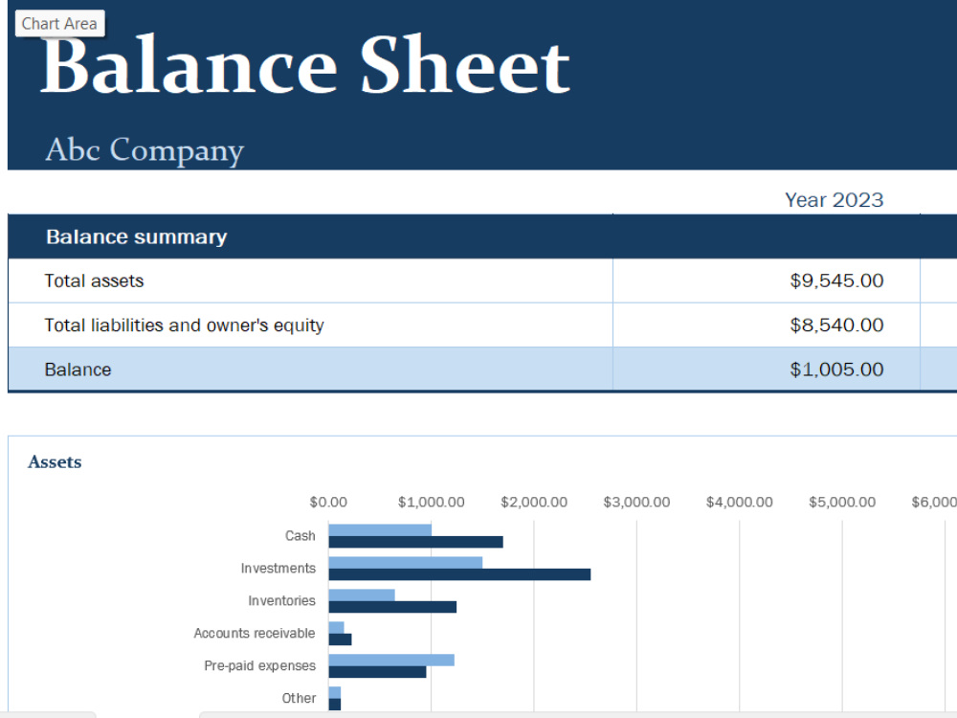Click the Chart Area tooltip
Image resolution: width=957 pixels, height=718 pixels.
[x=59, y=23]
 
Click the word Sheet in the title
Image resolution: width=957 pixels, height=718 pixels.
[x=465, y=65]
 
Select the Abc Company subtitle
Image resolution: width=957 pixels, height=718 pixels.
[x=145, y=150]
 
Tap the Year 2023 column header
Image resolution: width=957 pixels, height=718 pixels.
[x=834, y=200]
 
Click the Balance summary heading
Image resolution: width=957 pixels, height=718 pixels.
[x=137, y=236]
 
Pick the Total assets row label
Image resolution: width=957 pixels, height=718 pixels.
[x=94, y=280]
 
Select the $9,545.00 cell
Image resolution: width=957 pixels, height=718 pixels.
[x=836, y=280]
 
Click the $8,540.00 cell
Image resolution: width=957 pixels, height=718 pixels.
[x=836, y=325]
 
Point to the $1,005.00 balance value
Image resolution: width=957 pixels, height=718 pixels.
[x=836, y=370]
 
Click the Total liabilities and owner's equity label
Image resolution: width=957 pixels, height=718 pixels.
[x=185, y=325]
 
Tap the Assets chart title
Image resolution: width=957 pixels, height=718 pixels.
[x=55, y=462]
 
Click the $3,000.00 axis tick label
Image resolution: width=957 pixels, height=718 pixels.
[x=636, y=503]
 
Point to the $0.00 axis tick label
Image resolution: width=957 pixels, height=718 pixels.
[x=328, y=503]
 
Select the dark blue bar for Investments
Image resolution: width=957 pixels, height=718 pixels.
[x=459, y=574]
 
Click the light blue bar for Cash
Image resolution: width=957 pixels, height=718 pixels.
[x=380, y=530]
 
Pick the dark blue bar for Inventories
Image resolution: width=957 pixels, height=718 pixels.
[x=392, y=607]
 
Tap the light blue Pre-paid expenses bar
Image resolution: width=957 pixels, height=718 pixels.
[x=391, y=660]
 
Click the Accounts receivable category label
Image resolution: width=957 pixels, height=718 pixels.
[x=255, y=633]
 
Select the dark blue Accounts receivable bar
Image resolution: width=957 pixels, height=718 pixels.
[x=340, y=639]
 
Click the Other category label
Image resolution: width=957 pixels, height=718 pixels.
[x=299, y=698]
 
